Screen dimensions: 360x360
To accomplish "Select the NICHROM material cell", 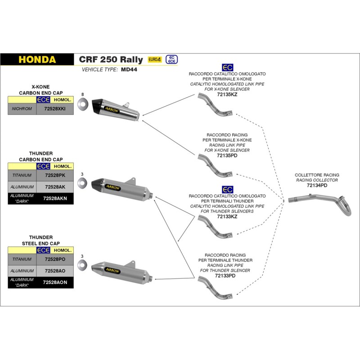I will tap(22, 109).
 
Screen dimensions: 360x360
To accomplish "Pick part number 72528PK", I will tap(54, 175).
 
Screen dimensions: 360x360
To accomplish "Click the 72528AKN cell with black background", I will tap(54, 198).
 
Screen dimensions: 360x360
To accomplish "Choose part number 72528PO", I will tap(54, 260).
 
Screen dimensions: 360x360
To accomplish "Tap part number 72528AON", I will tap(54, 282).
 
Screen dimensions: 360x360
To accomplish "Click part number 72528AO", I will tap(54, 271).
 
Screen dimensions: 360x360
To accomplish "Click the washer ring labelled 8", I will tap(82, 105).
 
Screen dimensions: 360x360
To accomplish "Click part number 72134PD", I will tap(317, 185).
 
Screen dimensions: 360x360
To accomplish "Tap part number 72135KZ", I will tap(227, 94).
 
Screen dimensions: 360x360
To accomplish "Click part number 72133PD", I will tap(225, 275).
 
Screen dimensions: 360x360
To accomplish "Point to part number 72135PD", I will tap(227, 155).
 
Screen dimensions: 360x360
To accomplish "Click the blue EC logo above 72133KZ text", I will tap(227, 189).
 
